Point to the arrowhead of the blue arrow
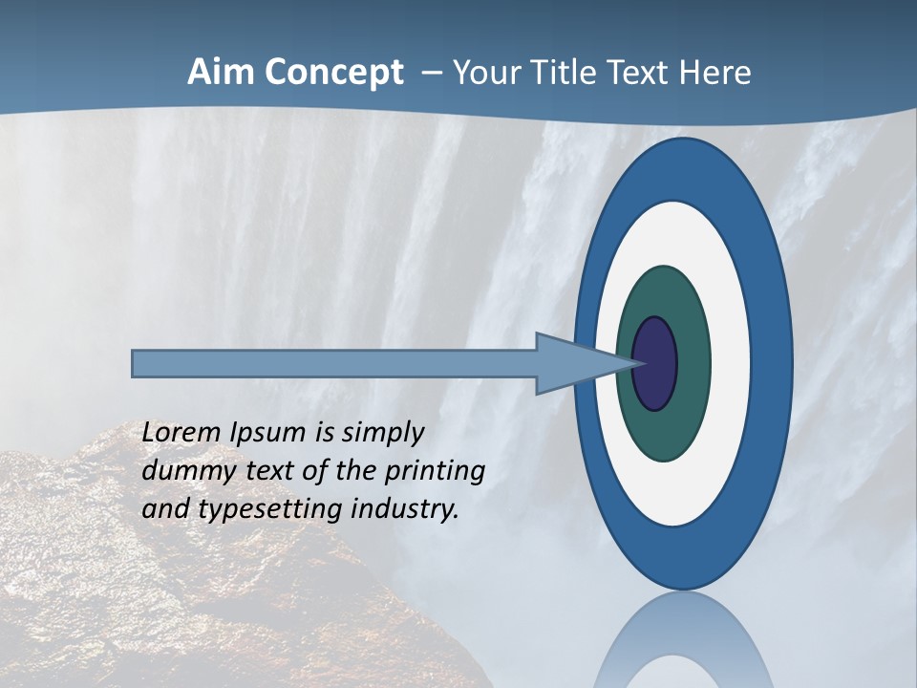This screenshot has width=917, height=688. [583, 363]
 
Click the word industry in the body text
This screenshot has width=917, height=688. [405, 509]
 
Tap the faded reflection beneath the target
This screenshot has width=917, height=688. [683, 640]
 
